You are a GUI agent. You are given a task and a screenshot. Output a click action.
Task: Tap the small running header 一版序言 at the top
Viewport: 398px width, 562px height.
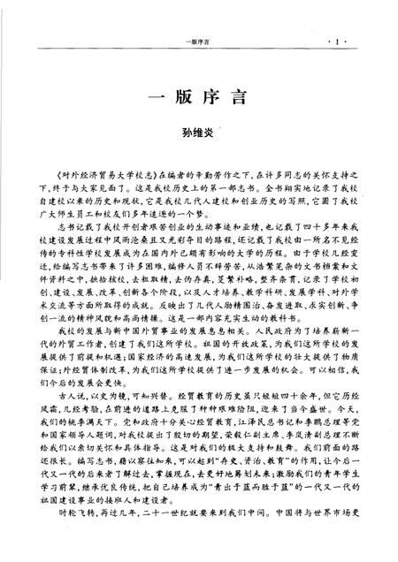pos(200,17)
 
